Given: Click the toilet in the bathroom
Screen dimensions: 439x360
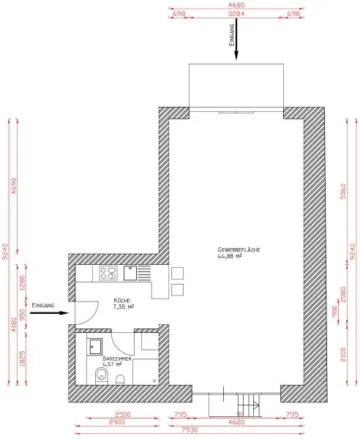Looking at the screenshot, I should (102, 375).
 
